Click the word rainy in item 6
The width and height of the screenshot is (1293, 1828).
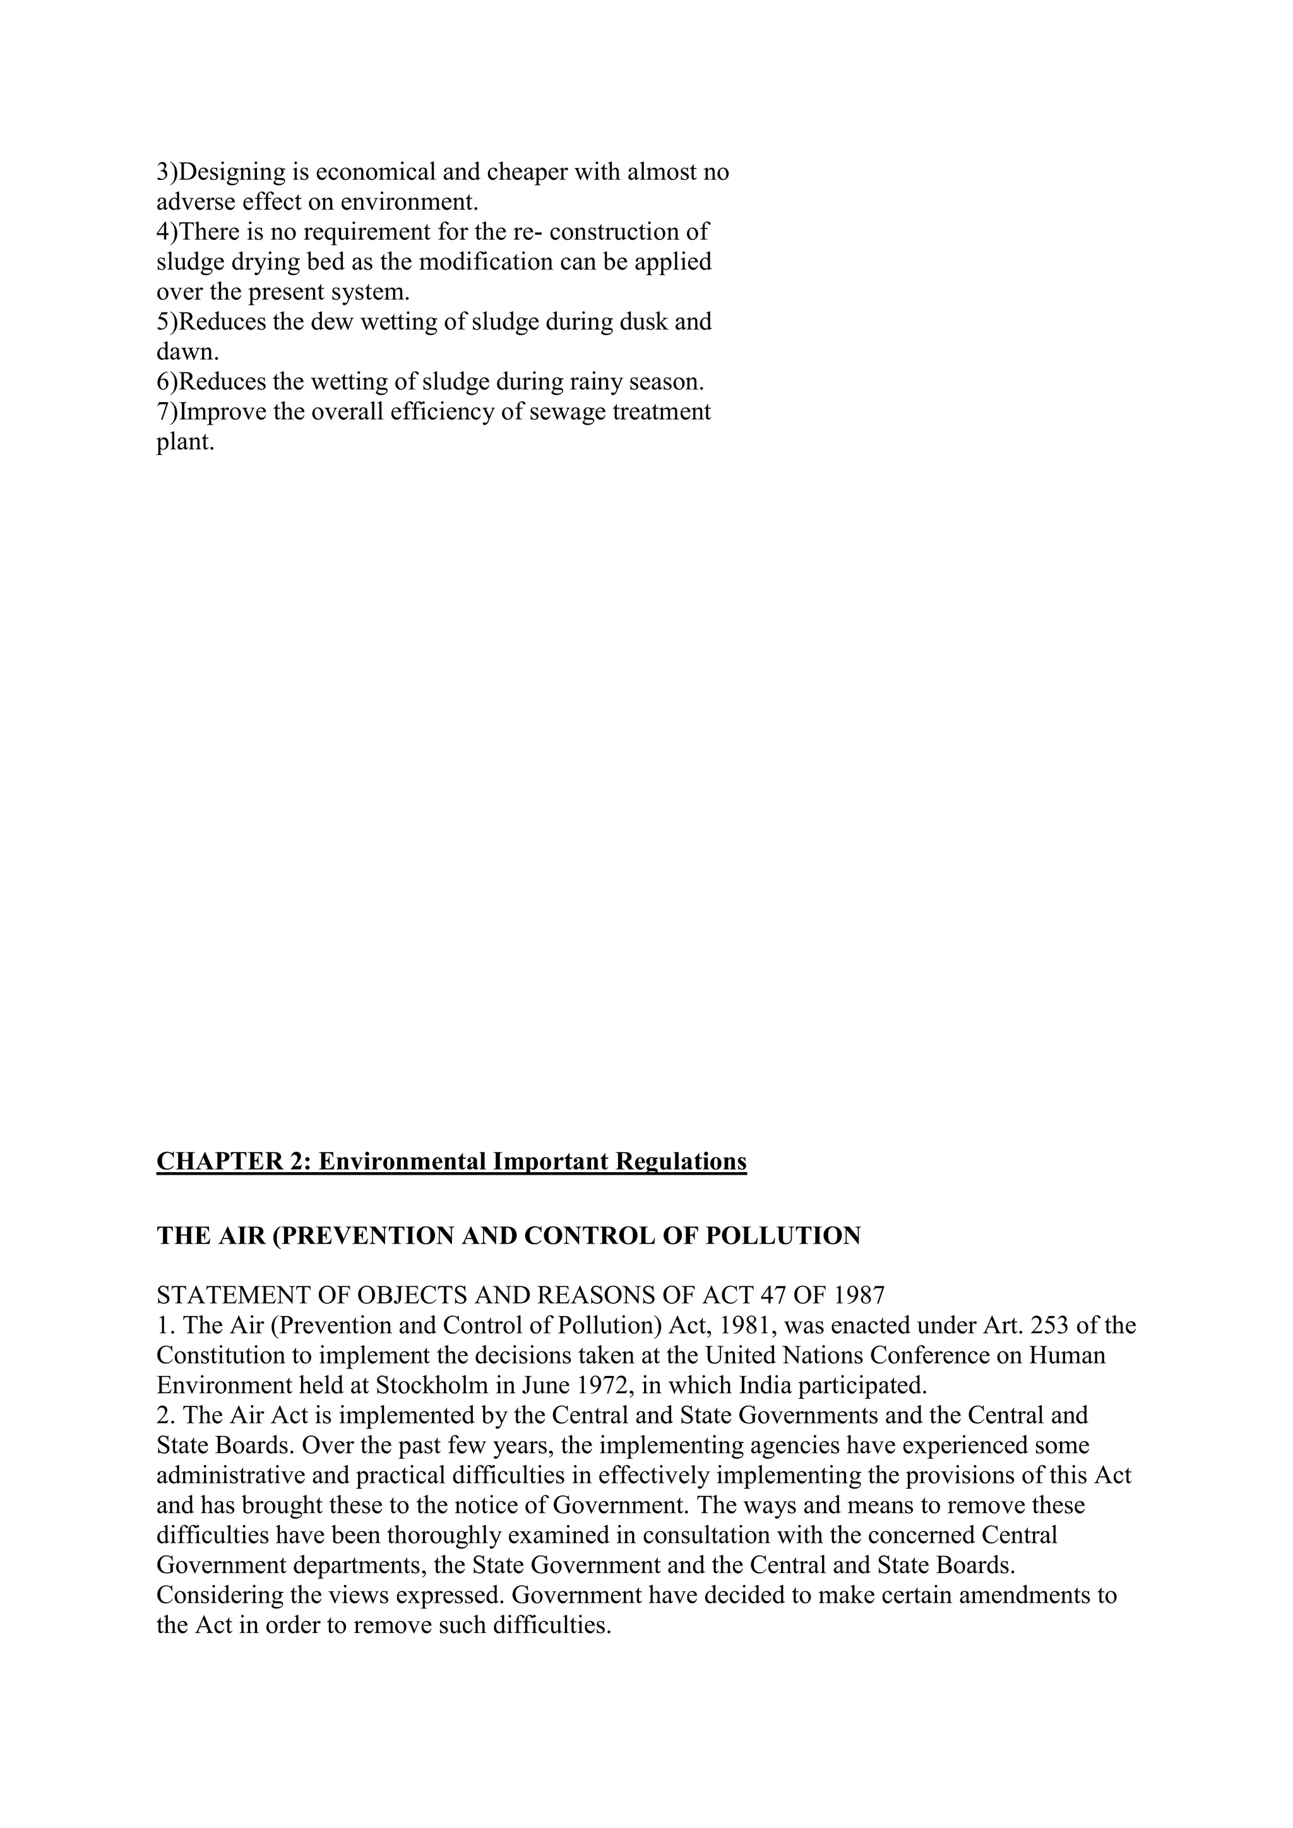(597, 382)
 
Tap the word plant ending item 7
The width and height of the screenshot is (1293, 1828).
(185, 442)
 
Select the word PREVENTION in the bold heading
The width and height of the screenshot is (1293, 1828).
(369, 1236)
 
